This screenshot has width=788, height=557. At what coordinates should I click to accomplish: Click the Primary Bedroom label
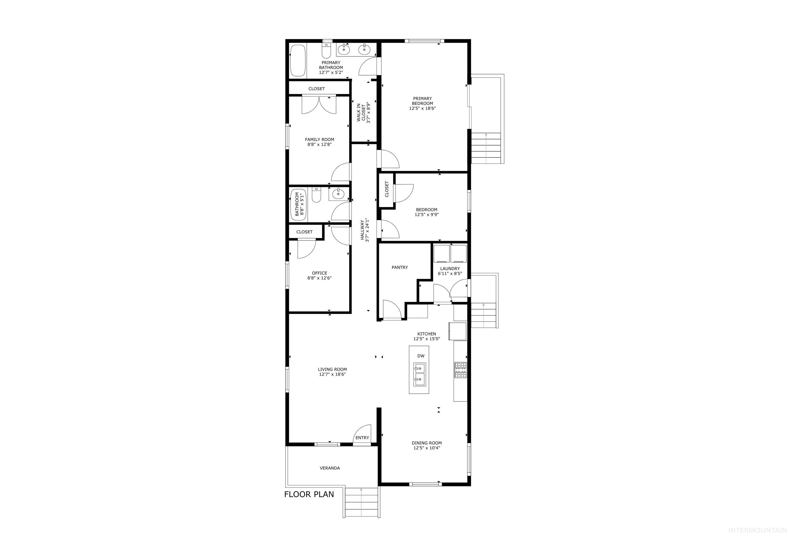[x=422, y=101]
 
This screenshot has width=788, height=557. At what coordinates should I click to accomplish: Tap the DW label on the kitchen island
[x=421, y=356]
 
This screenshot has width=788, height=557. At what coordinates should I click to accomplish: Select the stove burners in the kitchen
[x=460, y=370]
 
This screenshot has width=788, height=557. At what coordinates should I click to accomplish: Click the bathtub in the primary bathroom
[x=298, y=61]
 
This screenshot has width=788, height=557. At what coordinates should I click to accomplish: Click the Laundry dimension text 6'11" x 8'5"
[x=450, y=274]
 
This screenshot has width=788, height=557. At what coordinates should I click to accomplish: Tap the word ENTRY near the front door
[x=362, y=437]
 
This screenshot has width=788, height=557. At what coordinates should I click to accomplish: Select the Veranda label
[x=329, y=468]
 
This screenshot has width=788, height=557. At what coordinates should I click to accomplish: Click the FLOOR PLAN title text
[x=309, y=494]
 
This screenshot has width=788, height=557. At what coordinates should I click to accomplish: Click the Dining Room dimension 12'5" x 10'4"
[x=427, y=448]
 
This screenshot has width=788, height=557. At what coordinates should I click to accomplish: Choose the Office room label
[x=319, y=273]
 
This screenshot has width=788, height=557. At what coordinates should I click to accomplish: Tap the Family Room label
[x=319, y=139]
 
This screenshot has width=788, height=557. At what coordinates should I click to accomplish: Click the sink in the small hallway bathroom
[x=338, y=194]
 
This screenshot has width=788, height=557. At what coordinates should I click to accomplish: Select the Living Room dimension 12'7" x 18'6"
[x=332, y=374]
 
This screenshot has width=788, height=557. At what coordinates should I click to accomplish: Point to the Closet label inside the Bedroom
[x=387, y=189]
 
